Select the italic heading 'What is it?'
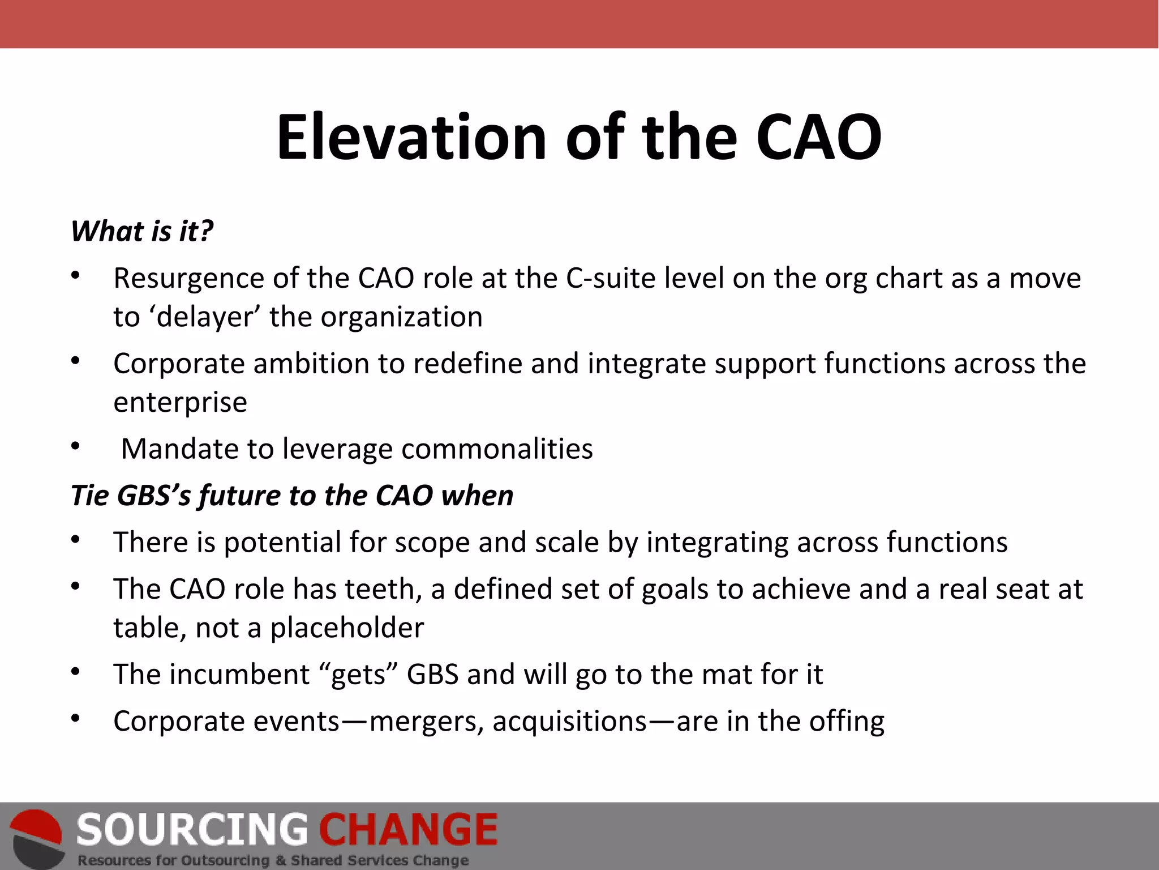142,232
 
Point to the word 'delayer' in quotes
205,317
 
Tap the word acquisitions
569,722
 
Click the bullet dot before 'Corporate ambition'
75,360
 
